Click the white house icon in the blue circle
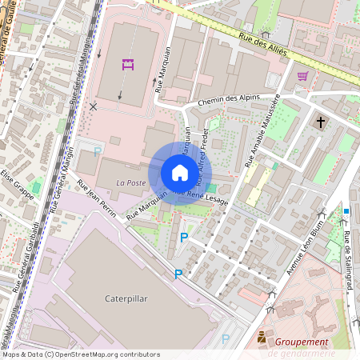click(x=179, y=173)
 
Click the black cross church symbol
click(x=321, y=122)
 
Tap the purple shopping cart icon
click(x=302, y=76)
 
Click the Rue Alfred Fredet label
click(x=201, y=152)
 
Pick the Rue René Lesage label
click(x=202, y=198)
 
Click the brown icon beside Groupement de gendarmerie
click(x=262, y=340)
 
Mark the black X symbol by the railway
click(x=94, y=106)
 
